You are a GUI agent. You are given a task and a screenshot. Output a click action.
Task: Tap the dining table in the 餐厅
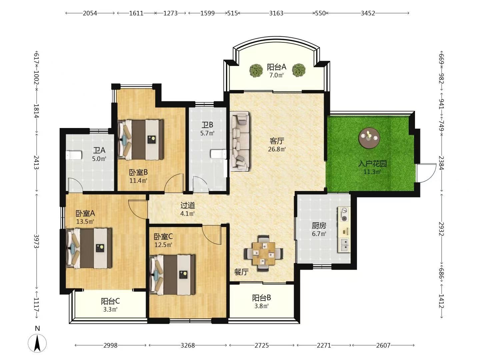point(264,253)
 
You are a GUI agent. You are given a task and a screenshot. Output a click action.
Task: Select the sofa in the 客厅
point(240,141)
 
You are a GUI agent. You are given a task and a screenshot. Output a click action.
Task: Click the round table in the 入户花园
point(369,138)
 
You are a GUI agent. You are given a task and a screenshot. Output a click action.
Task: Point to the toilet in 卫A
point(74,155)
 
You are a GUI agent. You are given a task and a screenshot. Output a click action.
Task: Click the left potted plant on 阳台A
point(256,70)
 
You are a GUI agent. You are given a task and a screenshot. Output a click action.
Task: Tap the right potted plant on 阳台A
point(299,70)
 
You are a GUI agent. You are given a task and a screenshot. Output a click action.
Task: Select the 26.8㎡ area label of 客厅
point(277,149)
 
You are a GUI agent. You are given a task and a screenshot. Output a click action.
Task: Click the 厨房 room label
point(319,225)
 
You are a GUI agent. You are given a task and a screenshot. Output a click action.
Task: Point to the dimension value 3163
point(276,13)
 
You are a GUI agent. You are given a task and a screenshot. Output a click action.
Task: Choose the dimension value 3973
point(36,241)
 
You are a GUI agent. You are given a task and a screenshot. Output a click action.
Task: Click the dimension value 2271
point(324,345)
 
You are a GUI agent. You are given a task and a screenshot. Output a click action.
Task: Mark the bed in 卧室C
point(172,275)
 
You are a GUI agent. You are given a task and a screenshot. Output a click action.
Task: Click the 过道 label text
point(188,205)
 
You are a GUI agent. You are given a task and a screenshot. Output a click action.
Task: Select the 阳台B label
point(262,298)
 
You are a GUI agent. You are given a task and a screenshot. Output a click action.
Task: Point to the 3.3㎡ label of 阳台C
point(110,310)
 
